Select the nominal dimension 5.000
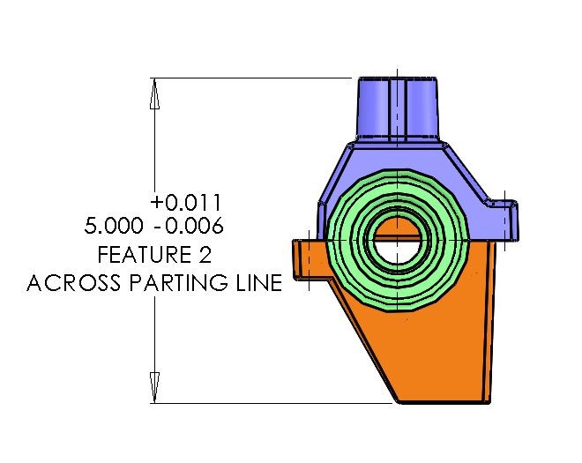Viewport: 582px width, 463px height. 109,226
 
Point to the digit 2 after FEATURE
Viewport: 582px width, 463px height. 207,256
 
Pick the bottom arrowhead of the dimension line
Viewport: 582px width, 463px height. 155,387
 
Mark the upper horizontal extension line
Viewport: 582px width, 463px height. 256,78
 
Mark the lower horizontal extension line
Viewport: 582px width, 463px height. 265,403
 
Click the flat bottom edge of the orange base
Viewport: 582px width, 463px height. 441,402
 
